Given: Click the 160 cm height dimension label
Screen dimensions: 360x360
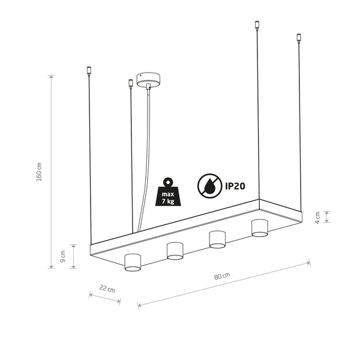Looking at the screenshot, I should click(39, 172).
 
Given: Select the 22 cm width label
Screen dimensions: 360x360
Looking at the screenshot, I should click(106, 289).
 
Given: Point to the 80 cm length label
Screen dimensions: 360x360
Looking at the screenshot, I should click(221, 276).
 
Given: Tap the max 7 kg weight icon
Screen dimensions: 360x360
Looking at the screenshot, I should click(167, 191).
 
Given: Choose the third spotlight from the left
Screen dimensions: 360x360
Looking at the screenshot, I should click(217, 238).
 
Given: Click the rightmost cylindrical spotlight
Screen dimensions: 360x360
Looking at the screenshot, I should click(259, 228).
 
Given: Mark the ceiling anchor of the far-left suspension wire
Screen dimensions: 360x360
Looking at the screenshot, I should click(89, 70).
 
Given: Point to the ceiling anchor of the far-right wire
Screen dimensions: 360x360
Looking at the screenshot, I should click(298, 39).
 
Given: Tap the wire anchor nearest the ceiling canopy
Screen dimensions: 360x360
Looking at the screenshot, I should click(130, 83).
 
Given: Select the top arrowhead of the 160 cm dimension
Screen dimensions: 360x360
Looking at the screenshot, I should click(52, 77).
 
